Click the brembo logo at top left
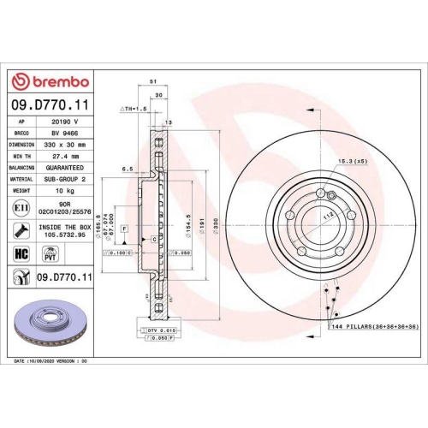tap(50, 82)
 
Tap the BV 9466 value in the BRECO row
tap(65, 134)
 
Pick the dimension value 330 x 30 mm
tap(66, 146)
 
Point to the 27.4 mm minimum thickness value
tap(65, 158)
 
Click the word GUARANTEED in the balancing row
tap(66, 169)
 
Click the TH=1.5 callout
tap(135, 110)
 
